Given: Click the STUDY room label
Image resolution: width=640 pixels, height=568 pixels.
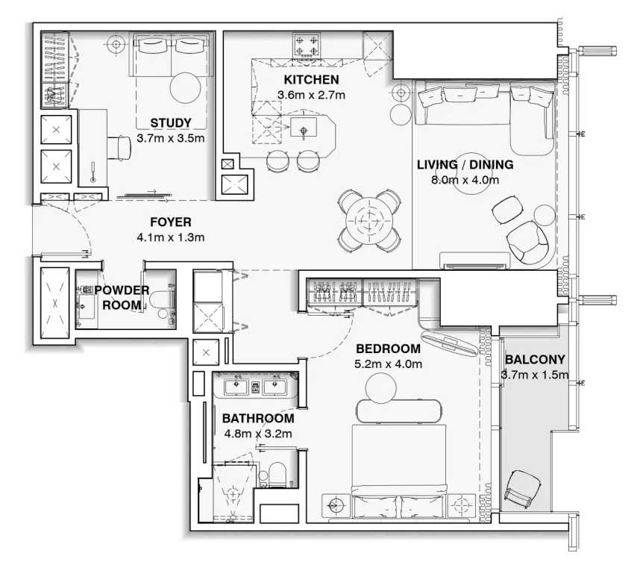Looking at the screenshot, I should [171, 123].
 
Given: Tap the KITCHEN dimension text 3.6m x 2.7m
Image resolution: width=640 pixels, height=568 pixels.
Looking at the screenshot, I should [311, 95].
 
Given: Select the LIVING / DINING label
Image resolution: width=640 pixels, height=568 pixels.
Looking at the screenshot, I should [465, 165].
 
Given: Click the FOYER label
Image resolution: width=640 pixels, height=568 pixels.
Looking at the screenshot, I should [171, 222].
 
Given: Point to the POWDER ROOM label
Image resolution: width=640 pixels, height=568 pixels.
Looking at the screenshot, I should [121, 297].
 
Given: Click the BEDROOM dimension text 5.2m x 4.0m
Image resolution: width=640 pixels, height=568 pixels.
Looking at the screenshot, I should [389, 364].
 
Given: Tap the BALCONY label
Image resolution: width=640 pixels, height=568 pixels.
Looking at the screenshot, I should [535, 358].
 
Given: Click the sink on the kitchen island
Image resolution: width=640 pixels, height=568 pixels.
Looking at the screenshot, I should [304, 131].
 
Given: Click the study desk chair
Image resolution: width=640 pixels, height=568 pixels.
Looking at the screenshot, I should [119, 147].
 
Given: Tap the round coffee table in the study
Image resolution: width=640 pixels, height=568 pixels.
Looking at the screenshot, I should [185, 87].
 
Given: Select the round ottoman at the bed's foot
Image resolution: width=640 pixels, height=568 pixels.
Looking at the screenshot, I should [382, 387].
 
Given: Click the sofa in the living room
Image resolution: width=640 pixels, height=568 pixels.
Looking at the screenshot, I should [477, 112].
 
